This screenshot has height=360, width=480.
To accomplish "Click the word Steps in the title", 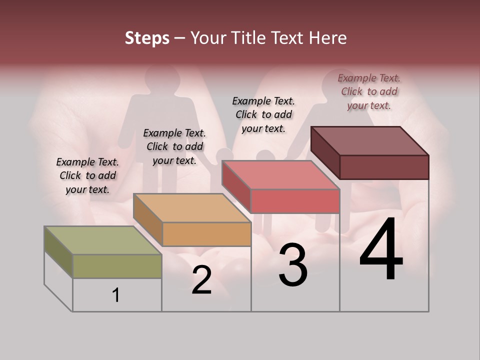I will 147,38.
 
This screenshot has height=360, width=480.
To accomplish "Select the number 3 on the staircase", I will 292,265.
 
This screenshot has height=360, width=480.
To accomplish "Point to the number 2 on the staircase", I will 201,280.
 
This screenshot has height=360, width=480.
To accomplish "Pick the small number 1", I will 116,295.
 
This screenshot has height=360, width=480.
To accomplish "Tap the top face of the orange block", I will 192,208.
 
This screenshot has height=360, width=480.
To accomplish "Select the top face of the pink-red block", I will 280,175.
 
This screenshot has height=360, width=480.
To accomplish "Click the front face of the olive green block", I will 117,266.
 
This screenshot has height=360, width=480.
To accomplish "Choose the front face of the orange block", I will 206,234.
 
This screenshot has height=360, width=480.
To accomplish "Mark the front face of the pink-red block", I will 295,201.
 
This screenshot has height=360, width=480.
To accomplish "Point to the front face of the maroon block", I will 384,167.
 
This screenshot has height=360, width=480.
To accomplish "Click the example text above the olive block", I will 87,175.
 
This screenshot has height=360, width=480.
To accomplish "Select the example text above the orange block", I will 174,146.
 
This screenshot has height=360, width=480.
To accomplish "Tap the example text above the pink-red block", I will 263,114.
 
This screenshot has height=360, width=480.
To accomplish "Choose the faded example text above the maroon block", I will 369,91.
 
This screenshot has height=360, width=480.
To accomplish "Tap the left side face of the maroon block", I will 325,152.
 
